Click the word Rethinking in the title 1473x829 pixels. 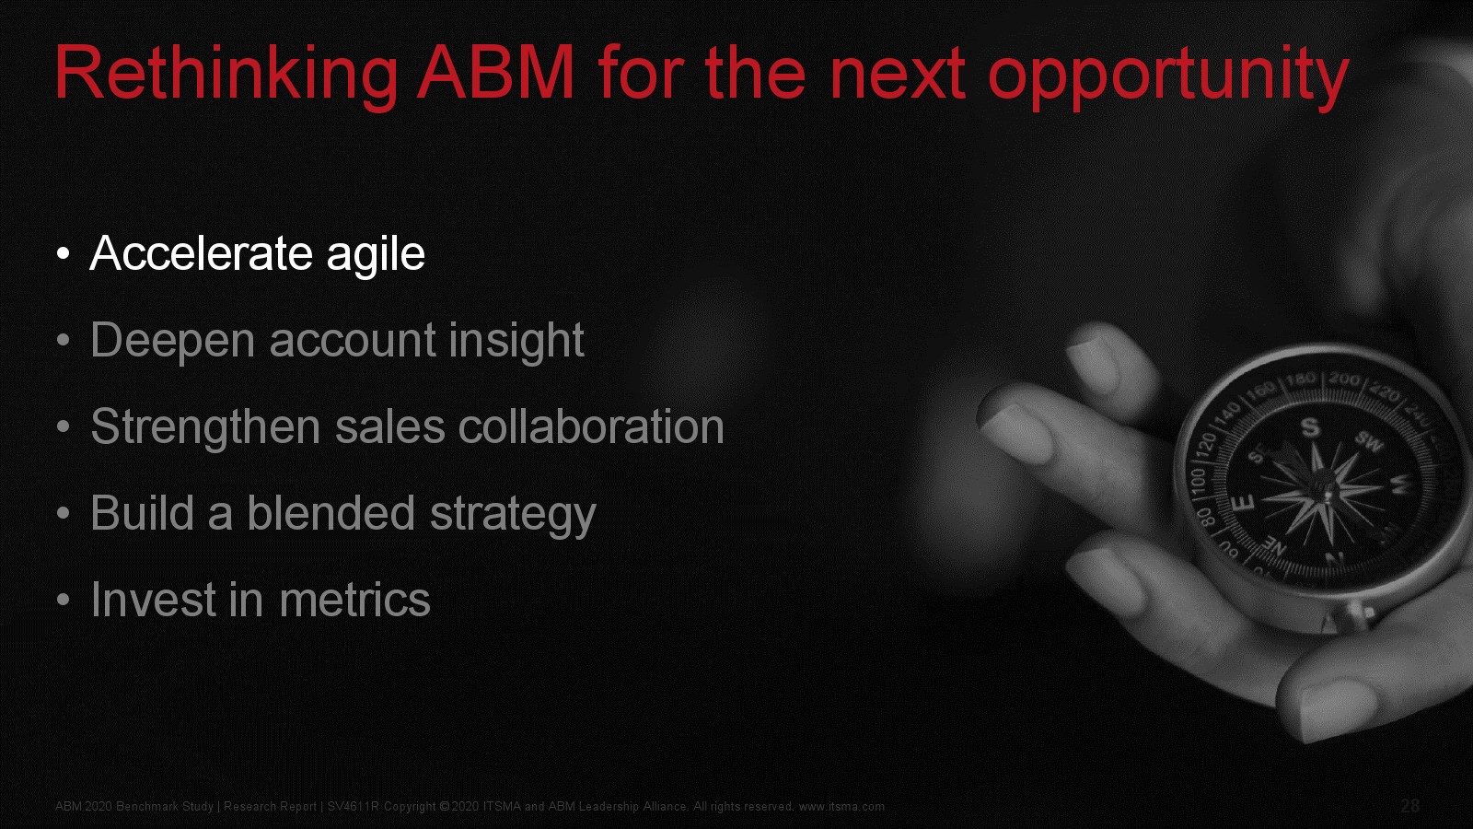[x=226, y=75]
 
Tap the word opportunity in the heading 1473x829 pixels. [x=1168, y=76]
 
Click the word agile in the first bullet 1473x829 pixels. [x=376, y=255]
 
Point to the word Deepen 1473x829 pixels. [x=172, y=342]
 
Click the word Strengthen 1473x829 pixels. [x=205, y=428]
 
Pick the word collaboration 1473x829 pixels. [x=591, y=426]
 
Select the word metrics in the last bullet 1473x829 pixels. [x=355, y=600]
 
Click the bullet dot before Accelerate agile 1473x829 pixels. [x=64, y=254]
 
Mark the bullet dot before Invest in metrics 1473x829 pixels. [x=64, y=600]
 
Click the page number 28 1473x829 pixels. [x=1409, y=806]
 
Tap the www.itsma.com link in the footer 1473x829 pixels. [x=841, y=807]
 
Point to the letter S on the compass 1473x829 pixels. [x=1311, y=427]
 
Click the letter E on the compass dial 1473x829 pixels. [x=1242, y=504]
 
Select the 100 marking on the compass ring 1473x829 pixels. [x=1198, y=480]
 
